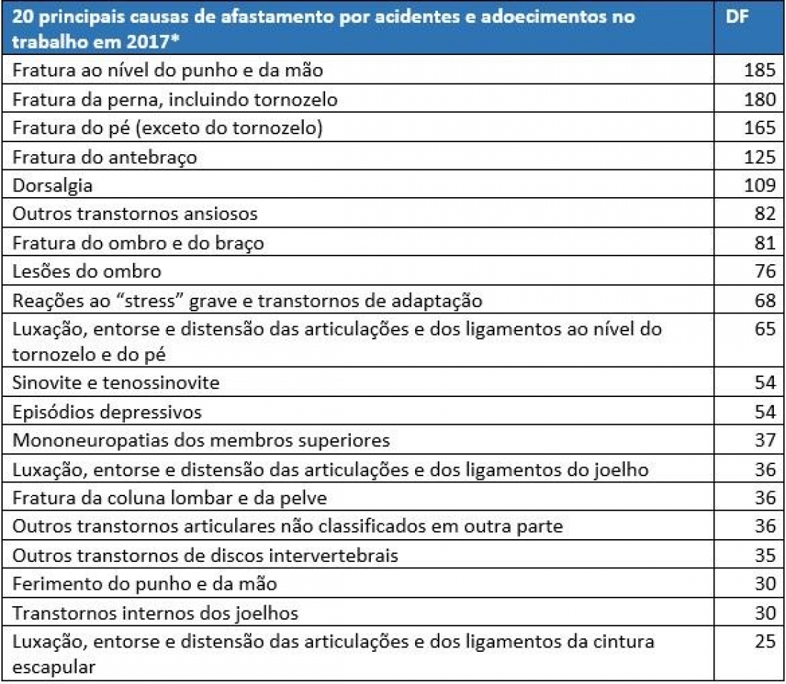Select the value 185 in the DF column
(759, 71)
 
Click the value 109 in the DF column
(759, 186)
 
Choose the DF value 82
(764, 214)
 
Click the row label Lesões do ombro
(86, 271)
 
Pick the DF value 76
(764, 271)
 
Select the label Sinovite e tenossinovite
(116, 383)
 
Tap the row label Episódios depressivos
(107, 412)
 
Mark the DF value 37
(764, 440)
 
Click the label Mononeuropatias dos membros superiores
(201, 440)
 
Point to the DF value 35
(764, 554)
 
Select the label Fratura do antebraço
(104, 157)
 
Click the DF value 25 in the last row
(764, 641)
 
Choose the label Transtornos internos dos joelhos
(155, 613)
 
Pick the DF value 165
(759, 129)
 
